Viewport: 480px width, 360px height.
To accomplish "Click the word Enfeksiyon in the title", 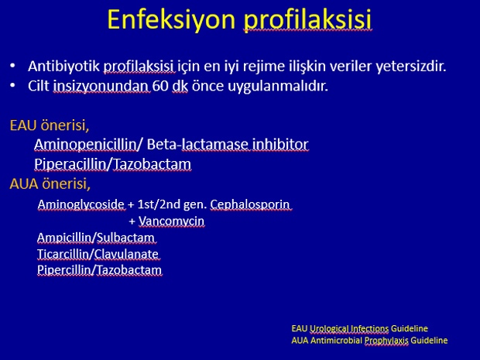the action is pos(171,19).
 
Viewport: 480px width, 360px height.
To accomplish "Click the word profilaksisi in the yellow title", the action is pos(307,20).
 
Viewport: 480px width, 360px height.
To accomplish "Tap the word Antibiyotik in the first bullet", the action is pos(63,66).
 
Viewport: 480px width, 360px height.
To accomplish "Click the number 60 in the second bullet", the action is pos(160,86).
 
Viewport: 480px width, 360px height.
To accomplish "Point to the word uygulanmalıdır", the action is pos(278,87).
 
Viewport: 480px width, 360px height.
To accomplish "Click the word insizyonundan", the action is pos(101,87).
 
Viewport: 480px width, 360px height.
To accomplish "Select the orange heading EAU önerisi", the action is pos(50,125).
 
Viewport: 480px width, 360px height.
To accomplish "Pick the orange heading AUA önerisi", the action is pos(50,183).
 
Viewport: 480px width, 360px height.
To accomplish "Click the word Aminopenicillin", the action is pos(85,144).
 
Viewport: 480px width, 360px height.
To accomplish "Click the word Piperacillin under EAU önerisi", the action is pos(70,164).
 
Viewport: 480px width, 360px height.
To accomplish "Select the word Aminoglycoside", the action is pos(81,204).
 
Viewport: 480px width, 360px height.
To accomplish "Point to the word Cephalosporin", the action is pos(250,204).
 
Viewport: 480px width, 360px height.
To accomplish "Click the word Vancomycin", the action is pos(171,221).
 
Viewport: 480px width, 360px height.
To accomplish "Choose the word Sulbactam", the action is pos(125,238).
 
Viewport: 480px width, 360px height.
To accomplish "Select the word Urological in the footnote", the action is pos(328,329).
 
